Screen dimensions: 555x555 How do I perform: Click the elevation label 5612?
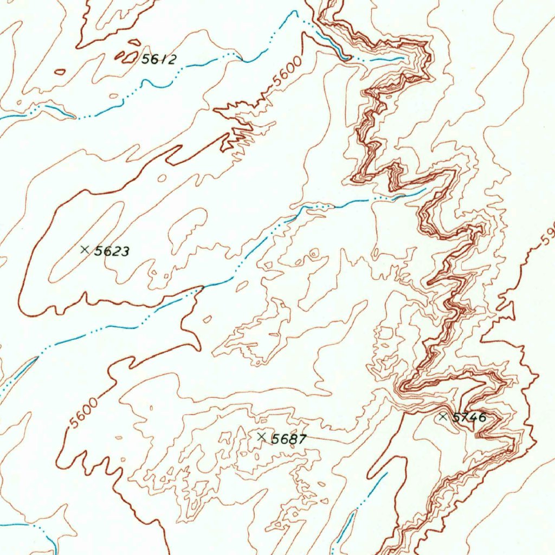tap(159, 59)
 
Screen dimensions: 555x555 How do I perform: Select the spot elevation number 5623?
tap(112, 251)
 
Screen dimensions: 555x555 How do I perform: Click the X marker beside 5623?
tap(85, 249)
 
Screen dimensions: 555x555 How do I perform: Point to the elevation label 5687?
tap(289, 439)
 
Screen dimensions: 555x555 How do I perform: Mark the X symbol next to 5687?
tap(262, 437)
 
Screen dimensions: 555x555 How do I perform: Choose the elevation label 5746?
tap(469, 417)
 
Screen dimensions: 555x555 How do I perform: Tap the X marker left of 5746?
tap(443, 417)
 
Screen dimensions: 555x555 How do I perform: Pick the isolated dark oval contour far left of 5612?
tap(60, 72)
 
